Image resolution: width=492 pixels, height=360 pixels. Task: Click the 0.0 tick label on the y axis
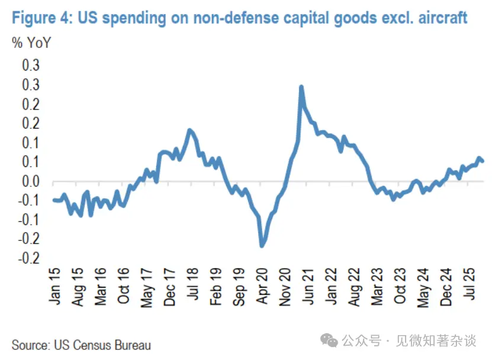point(31,181)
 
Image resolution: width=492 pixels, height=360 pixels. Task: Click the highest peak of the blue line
point(301,87)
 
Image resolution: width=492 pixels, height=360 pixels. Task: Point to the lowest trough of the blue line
point(262,245)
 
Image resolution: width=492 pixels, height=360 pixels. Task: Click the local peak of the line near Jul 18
point(189,130)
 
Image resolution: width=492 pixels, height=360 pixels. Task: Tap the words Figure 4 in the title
point(40,18)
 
